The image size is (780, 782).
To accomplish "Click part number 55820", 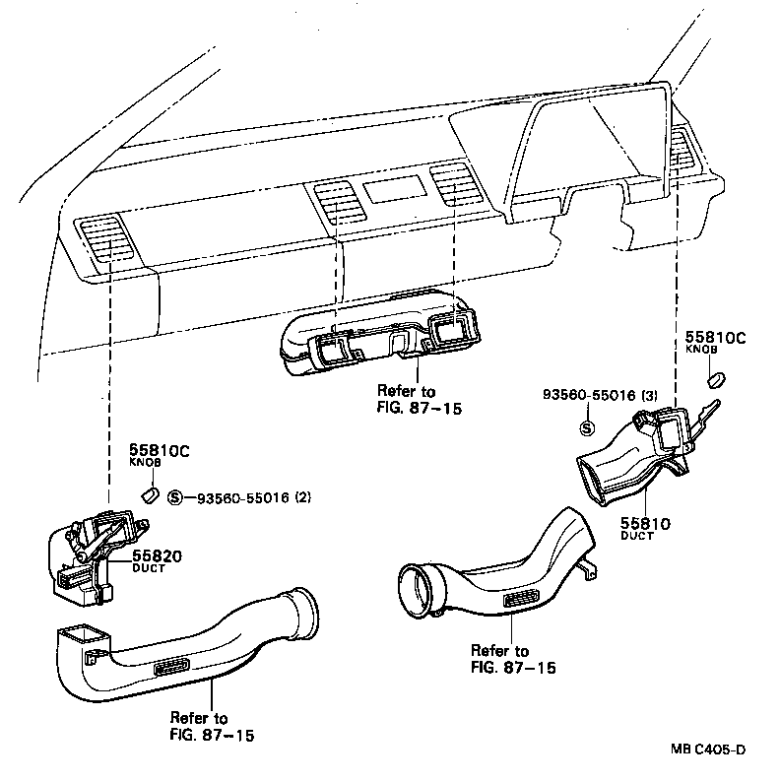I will [x=158, y=556].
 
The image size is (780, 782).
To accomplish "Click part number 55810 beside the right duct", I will [x=645, y=523].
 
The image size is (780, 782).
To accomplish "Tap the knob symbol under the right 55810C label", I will [x=717, y=377].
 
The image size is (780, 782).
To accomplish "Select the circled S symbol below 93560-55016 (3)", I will [x=586, y=427].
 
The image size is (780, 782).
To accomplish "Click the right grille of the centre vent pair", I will [x=455, y=183].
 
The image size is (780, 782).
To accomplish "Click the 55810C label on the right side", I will [x=716, y=338].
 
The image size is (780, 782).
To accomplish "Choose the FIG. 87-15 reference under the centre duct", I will [x=419, y=407].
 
